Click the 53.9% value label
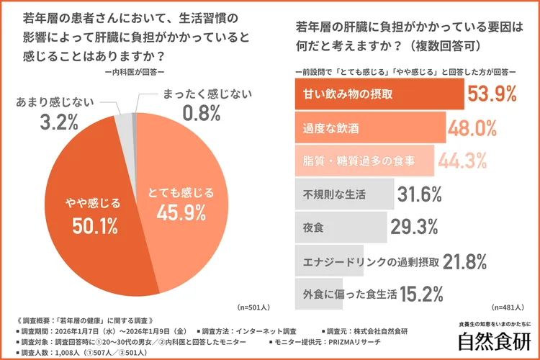493,94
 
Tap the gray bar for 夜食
341,228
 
